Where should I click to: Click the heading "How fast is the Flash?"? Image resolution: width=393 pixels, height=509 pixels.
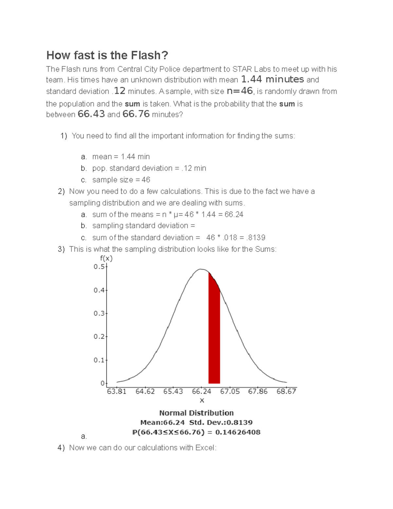(107, 55)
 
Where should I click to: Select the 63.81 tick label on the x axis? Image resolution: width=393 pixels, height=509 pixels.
(117, 391)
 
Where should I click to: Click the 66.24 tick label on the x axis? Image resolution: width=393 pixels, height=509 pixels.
(201, 391)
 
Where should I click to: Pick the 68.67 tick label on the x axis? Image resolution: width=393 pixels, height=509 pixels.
(286, 391)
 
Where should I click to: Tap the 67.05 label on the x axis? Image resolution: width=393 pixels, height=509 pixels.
(230, 391)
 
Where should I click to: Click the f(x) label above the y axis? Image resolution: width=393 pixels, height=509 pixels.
(106, 258)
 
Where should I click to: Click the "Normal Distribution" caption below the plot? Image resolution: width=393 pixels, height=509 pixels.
(196, 413)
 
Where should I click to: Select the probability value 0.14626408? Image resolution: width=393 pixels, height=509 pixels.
(238, 432)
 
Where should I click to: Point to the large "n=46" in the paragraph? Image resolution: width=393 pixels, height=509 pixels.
(240, 91)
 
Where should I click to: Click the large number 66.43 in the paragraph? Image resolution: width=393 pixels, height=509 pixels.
(91, 114)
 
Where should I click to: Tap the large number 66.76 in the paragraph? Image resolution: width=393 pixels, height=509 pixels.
(136, 114)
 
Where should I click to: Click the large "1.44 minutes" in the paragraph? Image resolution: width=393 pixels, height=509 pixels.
(272, 79)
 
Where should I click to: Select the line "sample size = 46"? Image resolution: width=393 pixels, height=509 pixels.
(121, 180)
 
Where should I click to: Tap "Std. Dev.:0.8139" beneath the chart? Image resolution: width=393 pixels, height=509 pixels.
(221, 422)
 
